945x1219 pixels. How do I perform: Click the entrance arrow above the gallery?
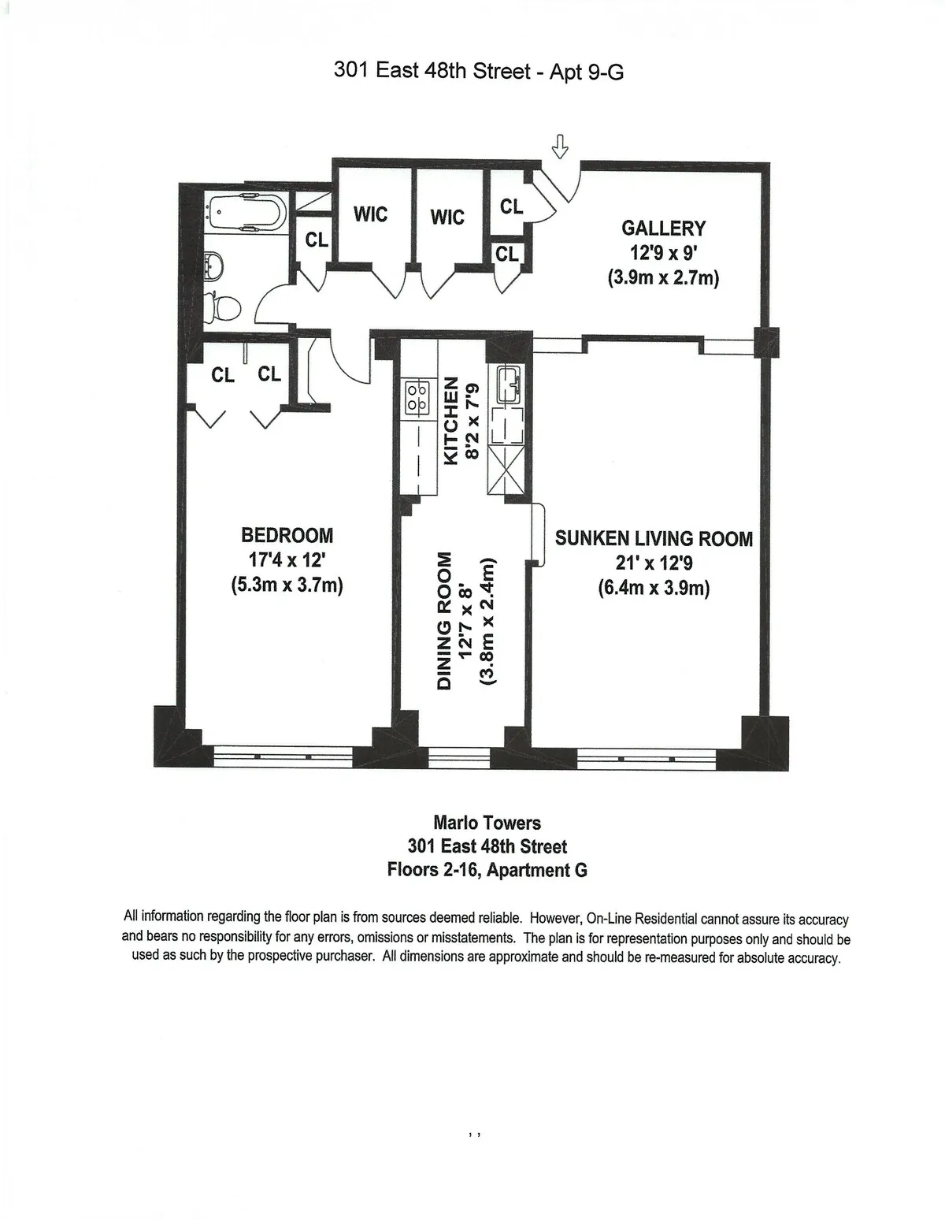pos(561,146)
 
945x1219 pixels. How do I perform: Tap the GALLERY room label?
pos(663,229)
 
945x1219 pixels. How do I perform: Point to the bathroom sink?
pos(212,265)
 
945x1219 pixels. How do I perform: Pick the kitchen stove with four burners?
pos(416,396)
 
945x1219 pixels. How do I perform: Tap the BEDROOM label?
pos(287,536)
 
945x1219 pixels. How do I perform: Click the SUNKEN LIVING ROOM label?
pos(654,539)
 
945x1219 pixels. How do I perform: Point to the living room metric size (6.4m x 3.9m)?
pos(654,589)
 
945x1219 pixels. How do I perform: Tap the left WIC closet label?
pos(370,214)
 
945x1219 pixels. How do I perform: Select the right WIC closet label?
pos(447,217)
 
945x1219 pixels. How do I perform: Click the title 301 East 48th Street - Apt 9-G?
pos(479,72)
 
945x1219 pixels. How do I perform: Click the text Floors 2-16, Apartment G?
pos(487,871)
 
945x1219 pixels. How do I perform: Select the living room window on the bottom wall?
pos(646,759)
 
